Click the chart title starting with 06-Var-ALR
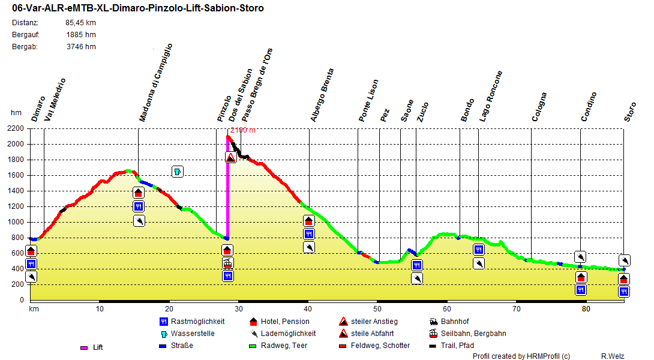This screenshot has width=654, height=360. tap(137, 8)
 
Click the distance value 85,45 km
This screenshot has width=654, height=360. tap(80, 23)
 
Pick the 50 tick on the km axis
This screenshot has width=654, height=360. tap(377, 309)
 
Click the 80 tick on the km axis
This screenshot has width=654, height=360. tap(586, 309)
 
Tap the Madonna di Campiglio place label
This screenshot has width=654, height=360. tap(156, 83)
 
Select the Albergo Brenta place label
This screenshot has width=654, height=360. tap(322, 95)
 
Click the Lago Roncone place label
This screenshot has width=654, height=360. tap(491, 97)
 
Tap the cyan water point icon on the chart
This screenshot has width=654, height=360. tap(177, 172)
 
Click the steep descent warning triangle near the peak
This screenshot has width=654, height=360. tap(231, 157)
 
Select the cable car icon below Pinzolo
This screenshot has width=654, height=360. tap(227, 263)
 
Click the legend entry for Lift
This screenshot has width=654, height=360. tap(92, 347)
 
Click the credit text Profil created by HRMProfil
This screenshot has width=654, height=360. tap(521, 356)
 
